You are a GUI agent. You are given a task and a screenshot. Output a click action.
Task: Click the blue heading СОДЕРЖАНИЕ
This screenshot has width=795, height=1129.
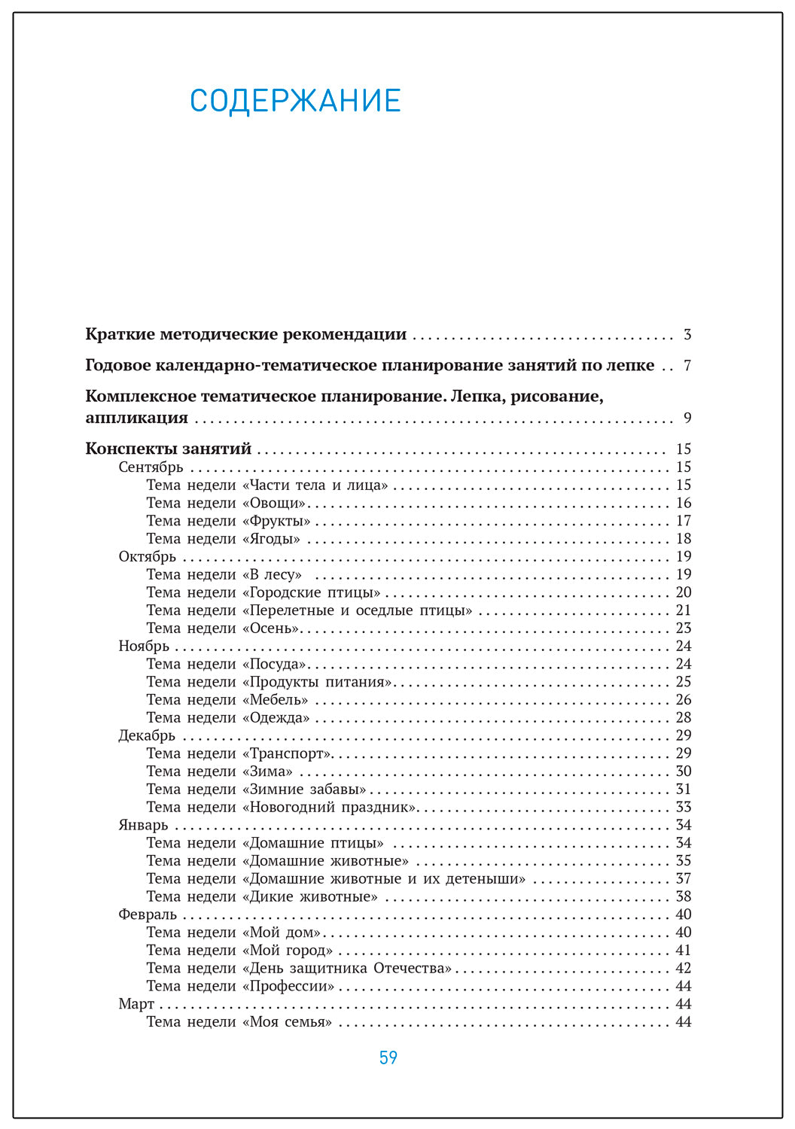[295, 101]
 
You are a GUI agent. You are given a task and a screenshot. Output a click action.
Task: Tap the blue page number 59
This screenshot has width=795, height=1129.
[388, 1057]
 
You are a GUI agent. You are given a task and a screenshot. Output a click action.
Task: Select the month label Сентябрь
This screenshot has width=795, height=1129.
[151, 467]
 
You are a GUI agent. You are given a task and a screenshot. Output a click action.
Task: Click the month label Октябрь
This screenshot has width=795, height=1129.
[147, 557]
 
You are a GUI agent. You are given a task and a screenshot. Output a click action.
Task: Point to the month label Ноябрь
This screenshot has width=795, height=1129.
[144, 647]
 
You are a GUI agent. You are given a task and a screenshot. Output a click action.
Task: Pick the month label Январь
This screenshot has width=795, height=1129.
[143, 825]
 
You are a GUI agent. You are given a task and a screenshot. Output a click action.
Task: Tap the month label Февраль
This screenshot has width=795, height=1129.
[148, 914]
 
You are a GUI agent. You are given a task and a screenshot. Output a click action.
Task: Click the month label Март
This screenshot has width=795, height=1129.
[136, 1004]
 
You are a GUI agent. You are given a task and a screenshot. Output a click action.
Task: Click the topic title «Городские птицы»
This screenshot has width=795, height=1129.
[311, 592]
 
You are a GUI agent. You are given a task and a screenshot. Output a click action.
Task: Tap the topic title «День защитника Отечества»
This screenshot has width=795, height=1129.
[346, 969]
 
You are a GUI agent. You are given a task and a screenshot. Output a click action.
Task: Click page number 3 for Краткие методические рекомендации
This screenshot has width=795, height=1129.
[687, 334]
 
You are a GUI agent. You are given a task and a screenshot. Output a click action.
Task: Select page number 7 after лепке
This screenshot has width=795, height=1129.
[687, 366]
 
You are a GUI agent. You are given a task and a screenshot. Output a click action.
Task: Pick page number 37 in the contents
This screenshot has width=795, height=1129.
[683, 879]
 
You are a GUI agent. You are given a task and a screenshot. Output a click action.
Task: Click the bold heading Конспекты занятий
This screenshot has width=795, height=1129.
[168, 449]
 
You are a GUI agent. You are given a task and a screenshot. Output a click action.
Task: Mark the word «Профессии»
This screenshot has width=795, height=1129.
[288, 987]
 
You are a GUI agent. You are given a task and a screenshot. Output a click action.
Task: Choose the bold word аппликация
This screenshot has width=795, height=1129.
[136, 418]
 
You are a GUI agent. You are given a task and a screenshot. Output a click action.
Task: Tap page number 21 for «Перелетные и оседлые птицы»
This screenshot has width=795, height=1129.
[683, 610]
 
